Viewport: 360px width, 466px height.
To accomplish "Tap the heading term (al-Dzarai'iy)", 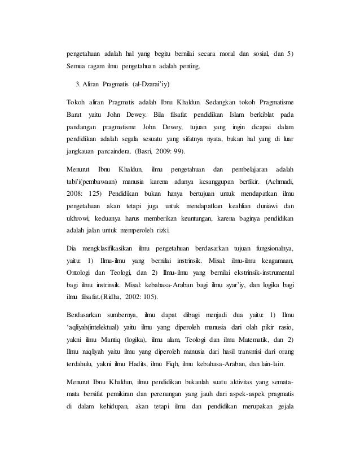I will (151, 85).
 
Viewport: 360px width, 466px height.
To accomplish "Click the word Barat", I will (73, 116).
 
